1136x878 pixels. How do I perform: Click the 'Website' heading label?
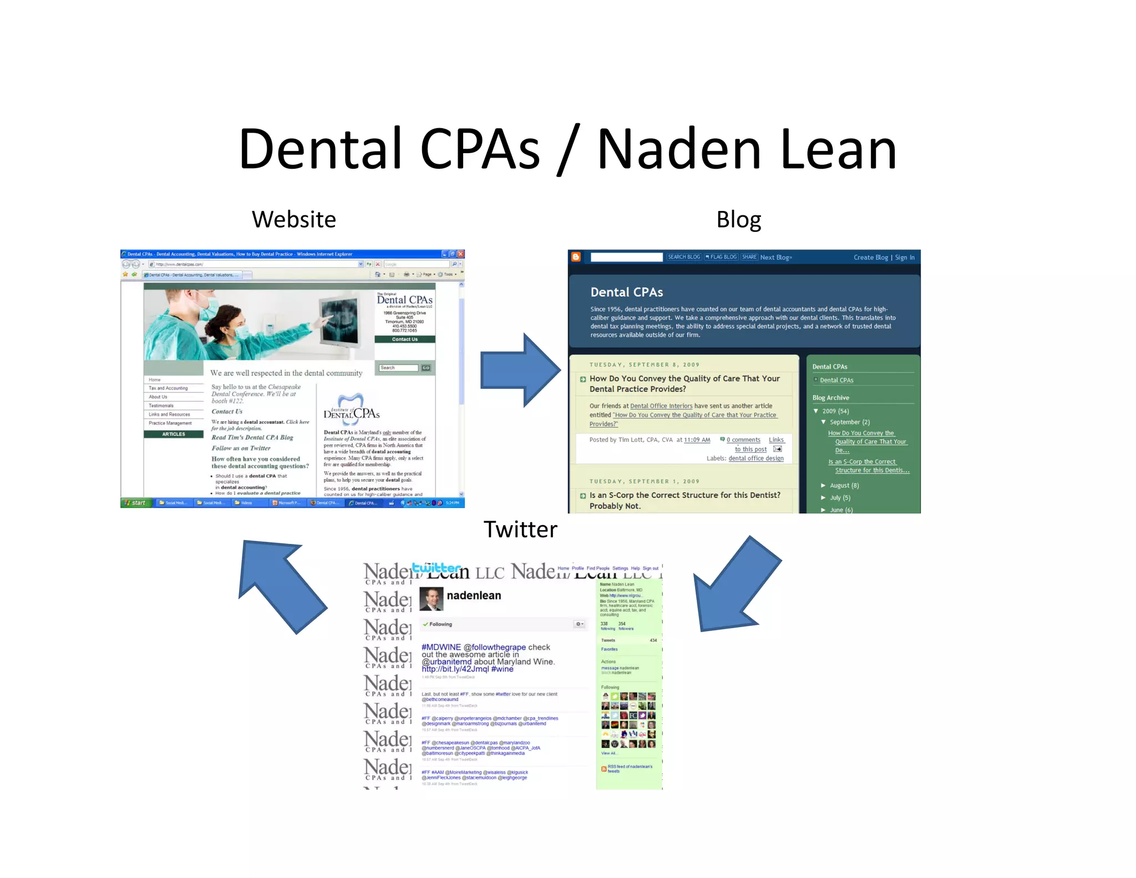click(x=293, y=220)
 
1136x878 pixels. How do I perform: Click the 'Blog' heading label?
click(x=738, y=220)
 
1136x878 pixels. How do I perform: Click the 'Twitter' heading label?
click(x=520, y=529)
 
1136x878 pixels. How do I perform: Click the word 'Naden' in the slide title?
click(x=678, y=149)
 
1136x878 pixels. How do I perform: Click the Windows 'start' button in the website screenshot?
click(x=135, y=503)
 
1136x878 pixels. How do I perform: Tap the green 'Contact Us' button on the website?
click(x=405, y=339)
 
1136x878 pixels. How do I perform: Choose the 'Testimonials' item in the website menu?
click(x=161, y=406)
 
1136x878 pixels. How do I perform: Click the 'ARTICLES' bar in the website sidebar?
click(x=174, y=434)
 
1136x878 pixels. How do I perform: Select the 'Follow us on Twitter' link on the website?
click(x=241, y=448)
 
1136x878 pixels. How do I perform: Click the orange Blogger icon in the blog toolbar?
click(x=576, y=257)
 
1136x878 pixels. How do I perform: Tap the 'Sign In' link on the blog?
click(x=905, y=258)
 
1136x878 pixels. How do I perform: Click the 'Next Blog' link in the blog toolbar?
click(x=776, y=258)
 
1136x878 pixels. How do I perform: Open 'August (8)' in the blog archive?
click(x=844, y=486)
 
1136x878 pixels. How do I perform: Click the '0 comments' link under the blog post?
click(x=743, y=440)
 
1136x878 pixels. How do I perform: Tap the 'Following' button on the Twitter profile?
click(x=438, y=624)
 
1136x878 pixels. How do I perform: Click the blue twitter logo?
click(x=437, y=568)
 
